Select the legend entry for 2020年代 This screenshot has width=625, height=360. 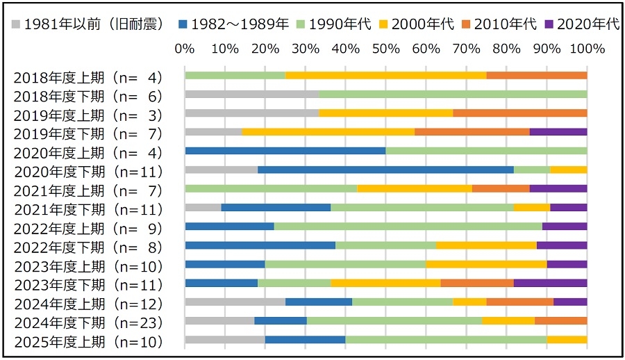click(x=586, y=24)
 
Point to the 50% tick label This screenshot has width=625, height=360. click(x=385, y=49)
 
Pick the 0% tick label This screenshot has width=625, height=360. click(x=184, y=49)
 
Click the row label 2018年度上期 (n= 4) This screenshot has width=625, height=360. click(x=88, y=77)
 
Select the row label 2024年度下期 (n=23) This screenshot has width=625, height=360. click(x=88, y=322)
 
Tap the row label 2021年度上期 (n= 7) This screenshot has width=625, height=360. click(x=88, y=190)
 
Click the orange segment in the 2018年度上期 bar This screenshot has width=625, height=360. click(x=537, y=75)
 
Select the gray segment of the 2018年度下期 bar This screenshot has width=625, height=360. click(x=251, y=94)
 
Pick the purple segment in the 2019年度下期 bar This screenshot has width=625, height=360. click(x=558, y=131)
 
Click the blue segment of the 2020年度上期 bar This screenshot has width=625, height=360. click(x=285, y=150)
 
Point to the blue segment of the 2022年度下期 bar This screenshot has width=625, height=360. click(x=260, y=245)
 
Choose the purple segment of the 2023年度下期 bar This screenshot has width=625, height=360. click(x=550, y=283)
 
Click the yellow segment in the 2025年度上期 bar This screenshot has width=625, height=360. click(x=567, y=339)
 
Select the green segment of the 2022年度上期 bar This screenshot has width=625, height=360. click(x=408, y=226)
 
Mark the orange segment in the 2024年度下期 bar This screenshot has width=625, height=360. click(x=560, y=320)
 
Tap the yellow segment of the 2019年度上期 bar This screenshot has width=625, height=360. click(x=385, y=113)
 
